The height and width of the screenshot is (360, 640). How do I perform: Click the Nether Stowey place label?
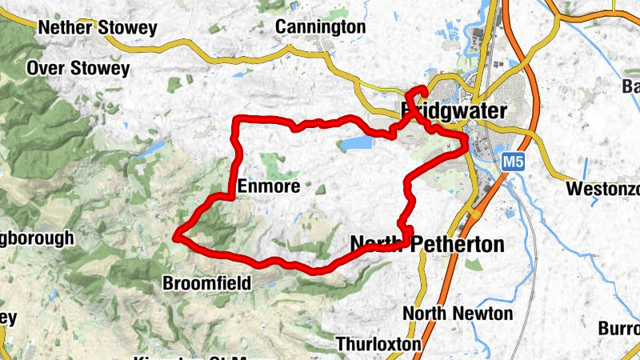(98, 28)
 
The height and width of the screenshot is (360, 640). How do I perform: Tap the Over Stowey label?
(78, 69)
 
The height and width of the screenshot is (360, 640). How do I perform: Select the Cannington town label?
(320, 27)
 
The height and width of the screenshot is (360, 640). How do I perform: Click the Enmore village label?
(269, 186)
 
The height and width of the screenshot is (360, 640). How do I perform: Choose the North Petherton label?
(427, 244)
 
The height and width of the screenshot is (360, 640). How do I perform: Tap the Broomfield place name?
(206, 283)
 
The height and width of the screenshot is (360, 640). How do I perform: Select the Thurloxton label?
(378, 344)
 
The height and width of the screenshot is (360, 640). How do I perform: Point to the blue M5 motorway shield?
(514, 162)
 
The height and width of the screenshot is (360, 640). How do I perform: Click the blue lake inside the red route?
(356, 143)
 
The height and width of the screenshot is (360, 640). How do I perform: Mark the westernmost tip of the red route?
(176, 236)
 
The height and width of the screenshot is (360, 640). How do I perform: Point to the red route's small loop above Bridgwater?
(419, 93)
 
